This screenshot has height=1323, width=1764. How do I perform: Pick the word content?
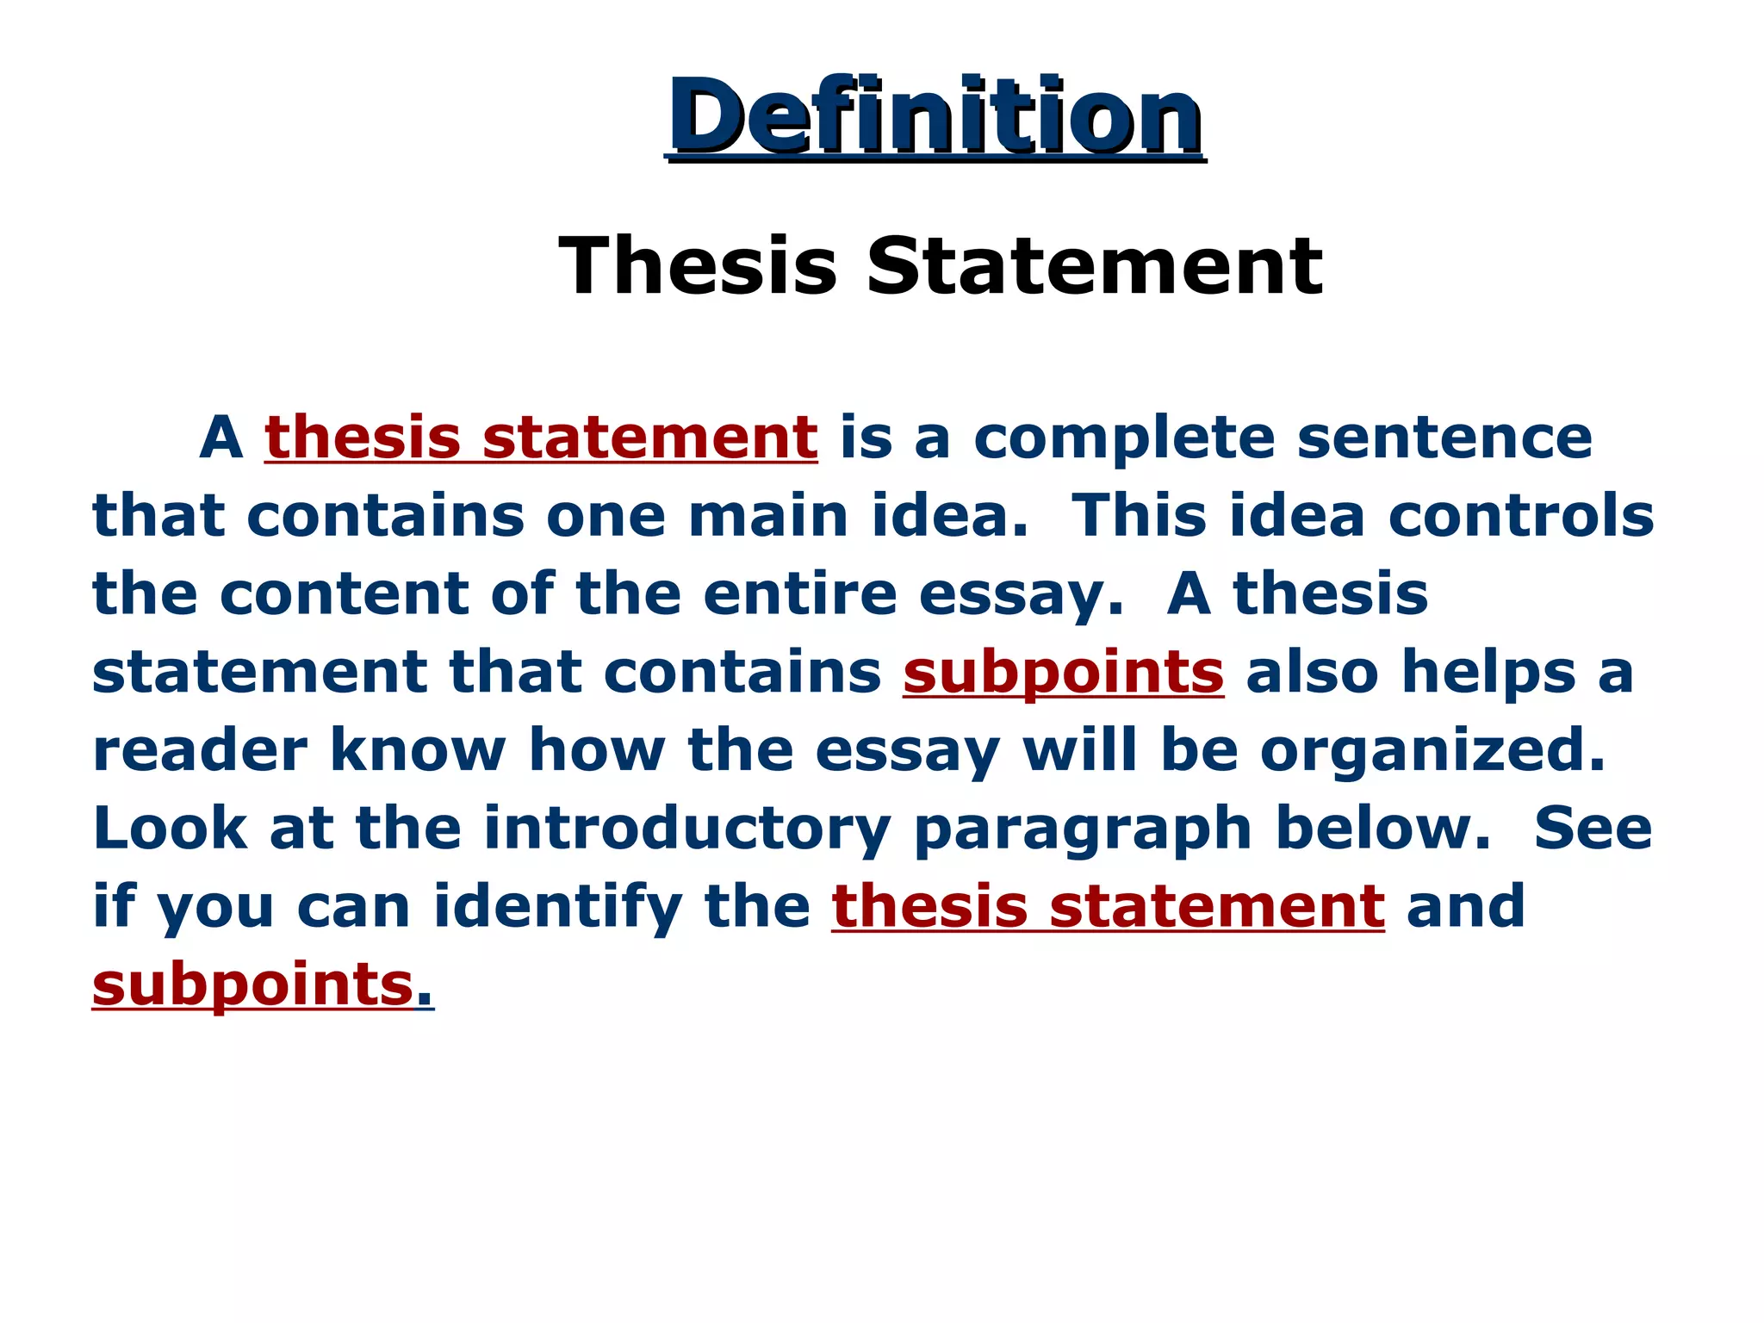pyautogui.click(x=344, y=594)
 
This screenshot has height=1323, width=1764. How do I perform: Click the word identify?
pyautogui.click(x=557, y=908)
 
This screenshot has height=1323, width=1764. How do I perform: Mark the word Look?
pyautogui.click(x=170, y=829)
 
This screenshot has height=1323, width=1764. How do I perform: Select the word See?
pyautogui.click(x=1593, y=829)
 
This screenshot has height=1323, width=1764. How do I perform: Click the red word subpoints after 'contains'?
pyautogui.click(x=1063, y=674)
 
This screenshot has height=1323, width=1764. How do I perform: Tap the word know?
pyautogui.click(x=418, y=751)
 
